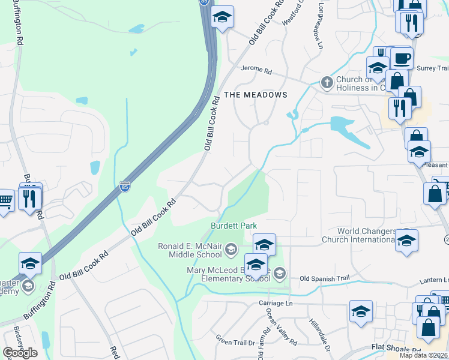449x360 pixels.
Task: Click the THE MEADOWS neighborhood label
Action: pyautogui.click(x=256, y=95)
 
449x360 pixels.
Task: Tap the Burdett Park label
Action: pyautogui.click(x=234, y=226)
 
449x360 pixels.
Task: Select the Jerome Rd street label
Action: pyautogui.click(x=256, y=70)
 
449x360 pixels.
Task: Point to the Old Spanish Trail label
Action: pyautogui.click(x=324, y=278)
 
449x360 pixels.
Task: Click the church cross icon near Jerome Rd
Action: pyautogui.click(x=327, y=82)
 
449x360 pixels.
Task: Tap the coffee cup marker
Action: pyautogui.click(x=402, y=58)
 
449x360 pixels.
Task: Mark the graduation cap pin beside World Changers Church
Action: pyautogui.click(x=407, y=241)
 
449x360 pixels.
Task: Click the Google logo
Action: pyautogui.click(x=20, y=352)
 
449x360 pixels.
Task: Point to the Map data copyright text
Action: pyautogui.click(x=424, y=355)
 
